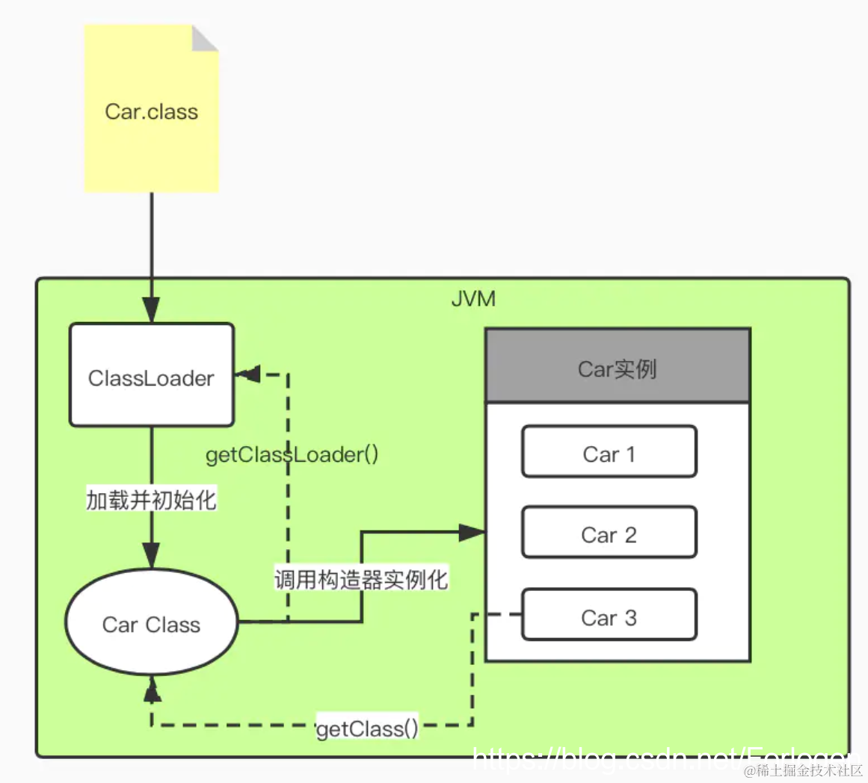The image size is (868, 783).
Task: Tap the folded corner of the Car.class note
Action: (x=204, y=38)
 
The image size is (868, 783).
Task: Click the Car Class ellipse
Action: (x=152, y=623)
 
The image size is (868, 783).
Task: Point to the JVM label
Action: (x=473, y=299)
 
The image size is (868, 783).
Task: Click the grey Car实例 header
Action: (x=618, y=368)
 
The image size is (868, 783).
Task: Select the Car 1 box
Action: (x=609, y=453)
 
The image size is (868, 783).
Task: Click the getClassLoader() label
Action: (x=292, y=454)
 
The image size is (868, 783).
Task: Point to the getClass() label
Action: (x=367, y=728)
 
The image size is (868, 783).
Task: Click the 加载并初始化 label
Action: (x=152, y=500)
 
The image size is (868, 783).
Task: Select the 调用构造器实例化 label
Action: (x=361, y=579)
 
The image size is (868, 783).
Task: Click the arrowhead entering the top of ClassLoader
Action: (x=152, y=310)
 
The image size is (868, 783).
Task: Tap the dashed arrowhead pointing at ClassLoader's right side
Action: (x=248, y=374)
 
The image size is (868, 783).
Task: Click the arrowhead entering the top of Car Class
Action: (x=152, y=557)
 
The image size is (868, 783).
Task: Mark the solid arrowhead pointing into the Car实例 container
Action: (x=472, y=532)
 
